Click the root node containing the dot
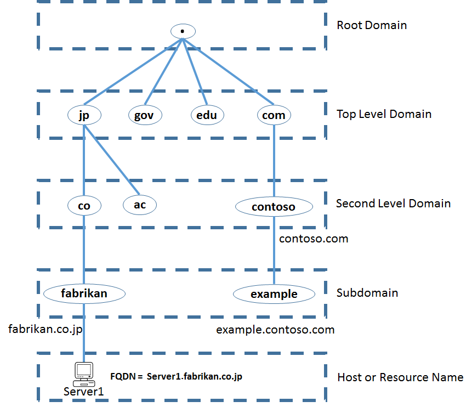(x=181, y=31)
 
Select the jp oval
(x=84, y=115)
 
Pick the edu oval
(x=207, y=115)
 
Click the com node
(x=274, y=115)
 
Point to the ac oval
(x=139, y=204)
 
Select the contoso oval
(x=274, y=206)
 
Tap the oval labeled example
(x=274, y=294)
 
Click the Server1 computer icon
(x=83, y=372)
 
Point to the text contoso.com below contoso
(x=313, y=239)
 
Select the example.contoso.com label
(x=275, y=330)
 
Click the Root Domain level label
(x=372, y=25)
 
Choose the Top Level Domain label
(x=384, y=114)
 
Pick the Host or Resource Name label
(x=400, y=377)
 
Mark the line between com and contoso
(x=274, y=159)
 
